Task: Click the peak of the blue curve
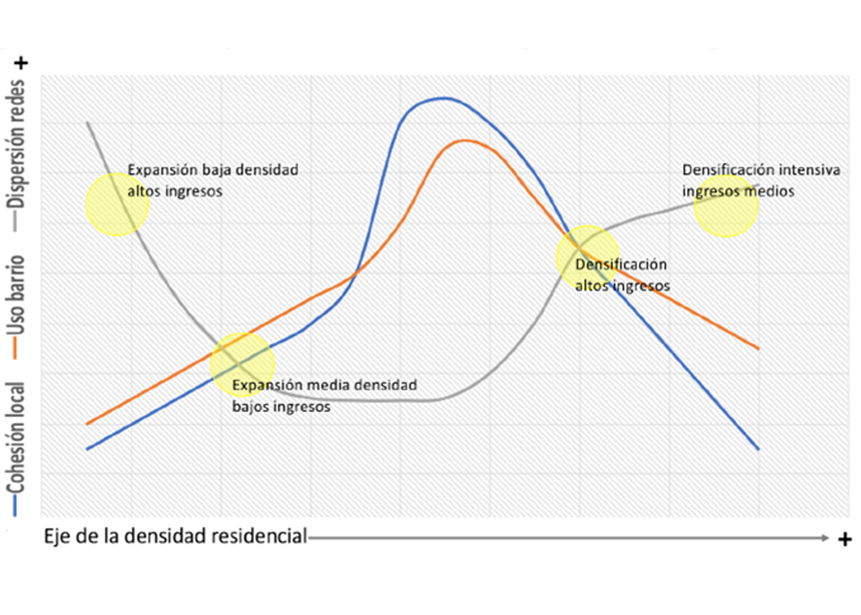(x=442, y=98)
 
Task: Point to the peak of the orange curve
(x=465, y=141)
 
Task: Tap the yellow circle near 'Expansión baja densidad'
(x=117, y=205)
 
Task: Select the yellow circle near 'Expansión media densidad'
(x=242, y=365)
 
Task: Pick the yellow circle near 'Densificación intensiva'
(x=726, y=205)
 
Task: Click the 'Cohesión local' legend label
(x=16, y=437)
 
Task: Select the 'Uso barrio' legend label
(x=16, y=295)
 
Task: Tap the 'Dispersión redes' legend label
(x=16, y=145)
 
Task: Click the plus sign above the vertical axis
(x=22, y=63)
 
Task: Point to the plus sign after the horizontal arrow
(x=845, y=539)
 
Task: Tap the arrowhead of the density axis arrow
(x=825, y=538)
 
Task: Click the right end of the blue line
(x=758, y=449)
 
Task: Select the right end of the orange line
(x=758, y=348)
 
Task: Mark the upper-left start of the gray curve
(x=88, y=123)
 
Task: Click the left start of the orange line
(x=87, y=424)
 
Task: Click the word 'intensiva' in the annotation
(x=809, y=170)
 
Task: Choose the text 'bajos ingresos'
(x=281, y=407)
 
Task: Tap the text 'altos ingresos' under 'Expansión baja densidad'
(x=175, y=191)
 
